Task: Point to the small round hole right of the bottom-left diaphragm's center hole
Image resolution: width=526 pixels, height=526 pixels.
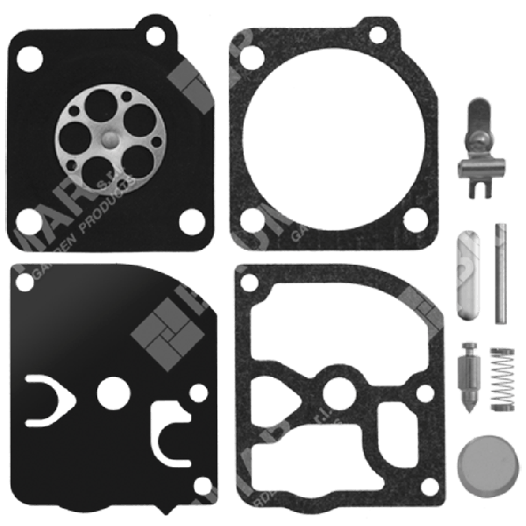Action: point(198,394)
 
